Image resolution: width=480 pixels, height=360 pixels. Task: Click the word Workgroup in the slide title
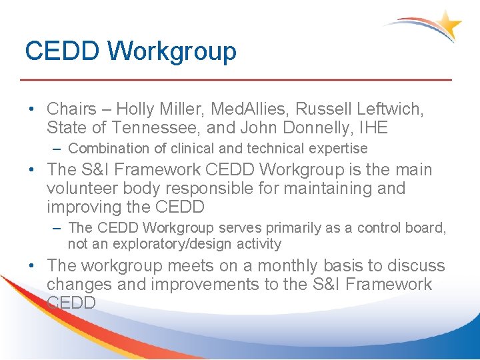172,51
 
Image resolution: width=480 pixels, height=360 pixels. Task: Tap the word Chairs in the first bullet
71,108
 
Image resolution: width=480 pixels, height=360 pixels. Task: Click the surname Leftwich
388,108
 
